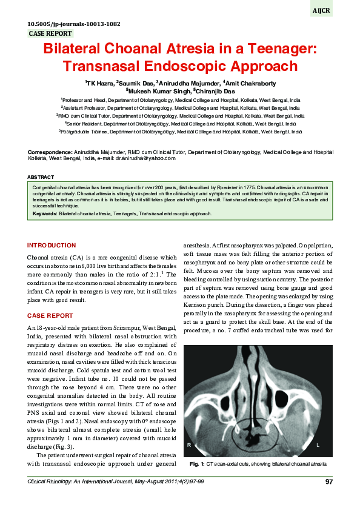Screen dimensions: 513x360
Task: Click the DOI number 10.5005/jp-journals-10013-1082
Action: pyautogui.click(x=75, y=24)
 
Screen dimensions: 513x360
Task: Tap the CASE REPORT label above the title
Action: pyautogui.click(x=50, y=34)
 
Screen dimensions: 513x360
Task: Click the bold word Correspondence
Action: pyautogui.click(x=50, y=152)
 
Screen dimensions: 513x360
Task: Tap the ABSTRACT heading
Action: pyautogui.click(x=41, y=176)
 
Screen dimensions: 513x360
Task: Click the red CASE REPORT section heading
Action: pyautogui.click(x=52, y=315)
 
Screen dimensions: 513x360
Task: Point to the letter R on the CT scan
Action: pyautogui.click(x=190, y=445)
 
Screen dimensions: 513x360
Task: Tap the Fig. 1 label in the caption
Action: pyautogui.click(x=197, y=464)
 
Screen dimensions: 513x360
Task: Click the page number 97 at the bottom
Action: pyautogui.click(x=328, y=481)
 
